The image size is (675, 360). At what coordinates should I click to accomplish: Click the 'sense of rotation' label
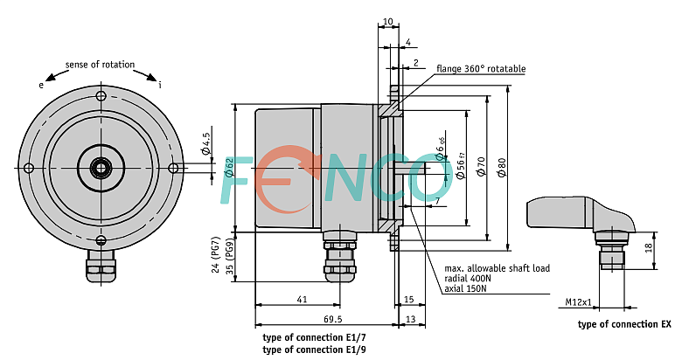point(100,65)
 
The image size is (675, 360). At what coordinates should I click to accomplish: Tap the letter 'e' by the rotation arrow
point(41,85)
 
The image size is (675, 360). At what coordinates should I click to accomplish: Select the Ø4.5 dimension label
point(205,143)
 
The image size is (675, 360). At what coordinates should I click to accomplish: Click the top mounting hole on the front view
point(101,96)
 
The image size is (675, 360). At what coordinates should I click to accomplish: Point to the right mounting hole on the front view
point(173,168)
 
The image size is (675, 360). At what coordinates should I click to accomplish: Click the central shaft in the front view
point(101,168)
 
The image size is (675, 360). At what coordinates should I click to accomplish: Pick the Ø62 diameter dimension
point(229,168)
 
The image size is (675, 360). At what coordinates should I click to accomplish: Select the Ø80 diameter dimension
point(502,168)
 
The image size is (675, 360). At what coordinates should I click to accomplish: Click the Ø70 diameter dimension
point(481,166)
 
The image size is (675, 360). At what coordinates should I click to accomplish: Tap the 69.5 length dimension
point(333,319)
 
